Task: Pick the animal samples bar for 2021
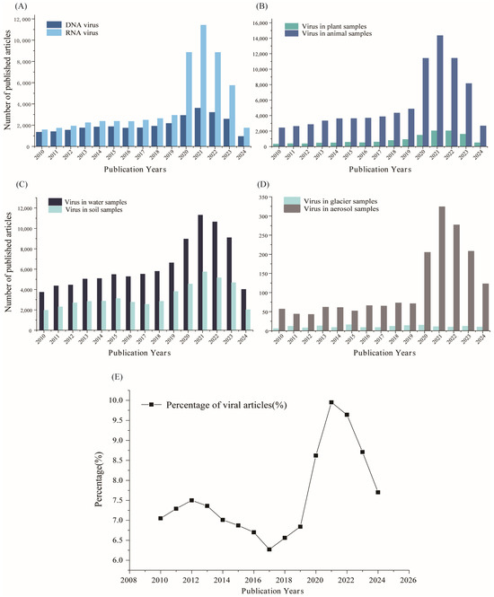click(440, 91)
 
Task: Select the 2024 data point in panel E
click(378, 492)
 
